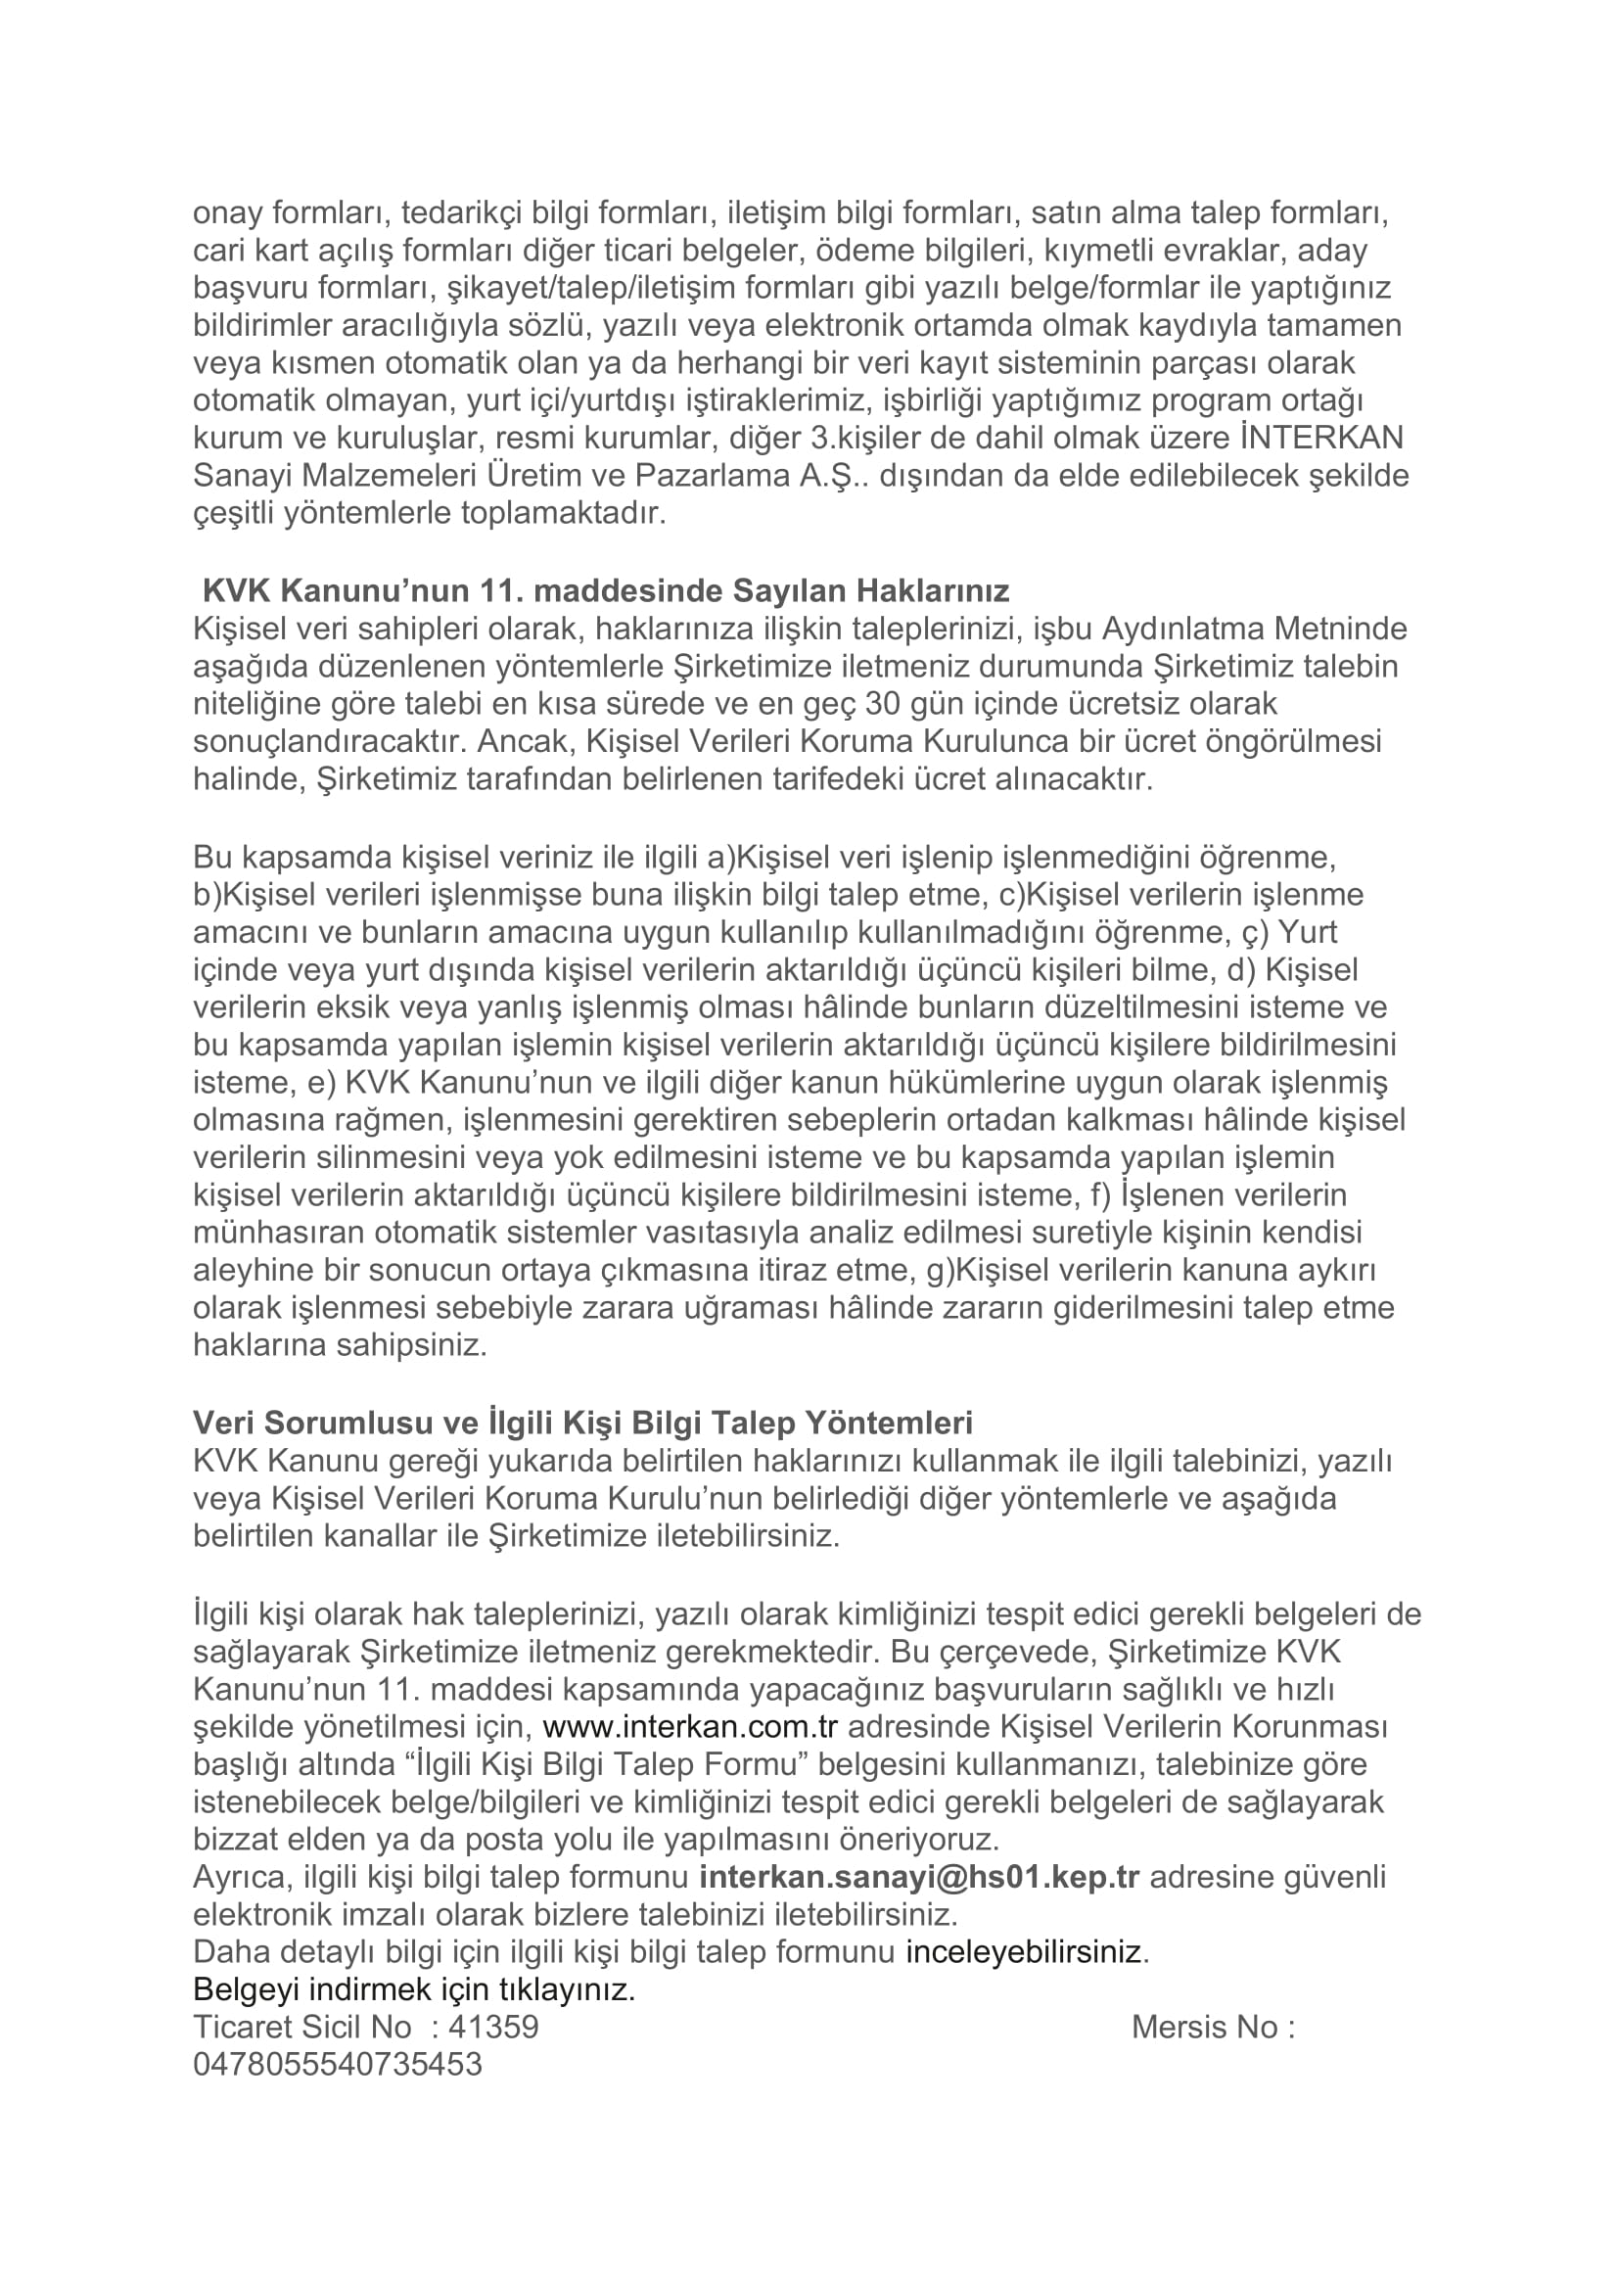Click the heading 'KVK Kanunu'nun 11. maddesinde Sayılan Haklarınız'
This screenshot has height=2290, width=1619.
605,591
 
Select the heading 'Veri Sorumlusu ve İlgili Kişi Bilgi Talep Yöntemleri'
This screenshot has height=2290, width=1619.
582,1423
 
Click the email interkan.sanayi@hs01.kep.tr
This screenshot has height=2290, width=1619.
919,1877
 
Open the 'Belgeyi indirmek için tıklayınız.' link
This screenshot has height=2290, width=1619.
414,1989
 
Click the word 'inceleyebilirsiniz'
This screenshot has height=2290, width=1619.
1024,1952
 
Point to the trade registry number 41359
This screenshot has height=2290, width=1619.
493,2028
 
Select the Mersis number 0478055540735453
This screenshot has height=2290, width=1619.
337,2065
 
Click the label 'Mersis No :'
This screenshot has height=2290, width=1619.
1212,2028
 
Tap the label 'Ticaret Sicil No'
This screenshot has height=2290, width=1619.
301,2028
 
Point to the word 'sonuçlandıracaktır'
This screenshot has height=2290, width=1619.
329,742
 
